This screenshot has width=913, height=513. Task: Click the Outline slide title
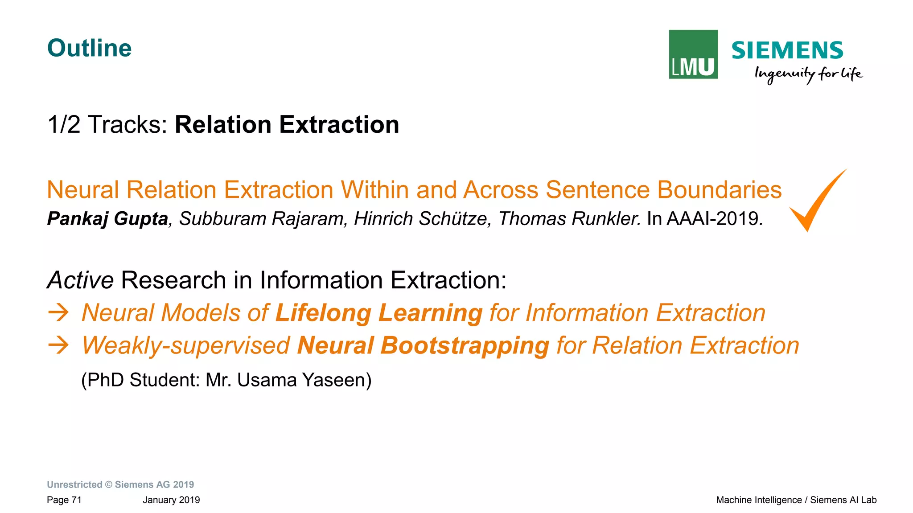(89, 48)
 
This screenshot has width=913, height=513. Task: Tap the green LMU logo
(693, 54)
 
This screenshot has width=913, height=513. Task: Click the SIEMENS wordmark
(787, 50)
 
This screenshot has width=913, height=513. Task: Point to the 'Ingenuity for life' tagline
(808, 74)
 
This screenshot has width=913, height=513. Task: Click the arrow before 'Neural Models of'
(58, 313)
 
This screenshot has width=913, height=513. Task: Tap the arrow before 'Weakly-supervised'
(58, 345)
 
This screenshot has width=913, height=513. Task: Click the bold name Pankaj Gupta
(107, 219)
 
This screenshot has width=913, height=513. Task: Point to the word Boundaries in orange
(719, 190)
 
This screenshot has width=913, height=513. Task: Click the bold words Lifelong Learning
(378, 313)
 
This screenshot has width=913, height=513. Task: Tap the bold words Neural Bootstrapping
(423, 345)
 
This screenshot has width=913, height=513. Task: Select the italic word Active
(80, 280)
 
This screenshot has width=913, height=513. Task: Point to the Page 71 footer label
(64, 500)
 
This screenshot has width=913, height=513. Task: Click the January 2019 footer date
(171, 500)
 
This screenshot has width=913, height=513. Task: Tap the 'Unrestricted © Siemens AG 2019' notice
(120, 484)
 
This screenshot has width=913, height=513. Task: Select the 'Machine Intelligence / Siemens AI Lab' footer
(796, 500)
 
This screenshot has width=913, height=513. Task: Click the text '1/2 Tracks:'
(107, 125)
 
